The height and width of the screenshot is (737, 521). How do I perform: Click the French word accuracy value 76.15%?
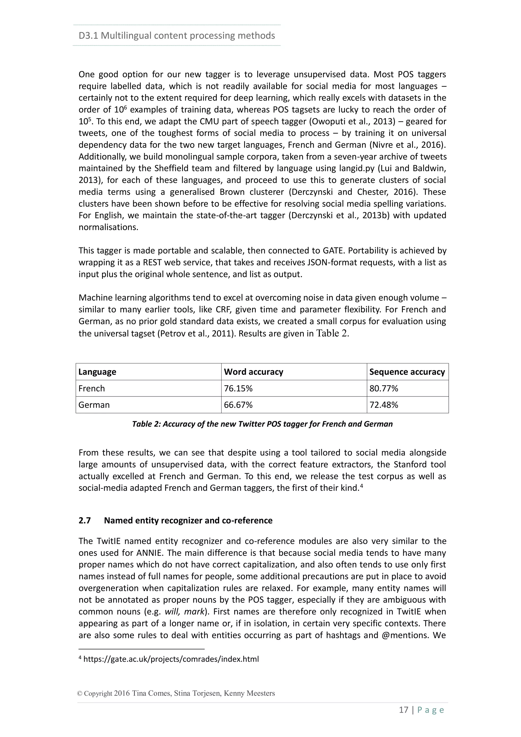[x=238, y=388]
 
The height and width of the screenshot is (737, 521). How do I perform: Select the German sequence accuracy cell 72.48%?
[x=384, y=405]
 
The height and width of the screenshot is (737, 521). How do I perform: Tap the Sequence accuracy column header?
[x=407, y=372]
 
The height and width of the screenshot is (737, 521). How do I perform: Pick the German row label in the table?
[x=94, y=405]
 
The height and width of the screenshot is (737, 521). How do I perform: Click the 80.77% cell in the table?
[x=384, y=388]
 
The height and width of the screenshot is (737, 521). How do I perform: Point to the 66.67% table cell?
[x=238, y=405]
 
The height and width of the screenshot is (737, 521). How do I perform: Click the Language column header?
[x=97, y=372]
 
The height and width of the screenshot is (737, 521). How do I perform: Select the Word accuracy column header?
[x=253, y=372]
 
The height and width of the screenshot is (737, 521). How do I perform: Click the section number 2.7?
[x=85, y=520]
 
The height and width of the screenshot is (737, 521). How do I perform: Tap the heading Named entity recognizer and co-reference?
[x=188, y=520]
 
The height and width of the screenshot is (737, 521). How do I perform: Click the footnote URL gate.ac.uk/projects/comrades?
[x=171, y=659]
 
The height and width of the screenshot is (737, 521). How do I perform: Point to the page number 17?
[x=403, y=710]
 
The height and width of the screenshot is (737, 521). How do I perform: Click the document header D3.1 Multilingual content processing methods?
[x=177, y=35]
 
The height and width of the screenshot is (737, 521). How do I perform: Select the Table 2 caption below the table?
[x=262, y=424]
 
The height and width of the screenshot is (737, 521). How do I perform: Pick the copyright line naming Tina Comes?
[x=176, y=693]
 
